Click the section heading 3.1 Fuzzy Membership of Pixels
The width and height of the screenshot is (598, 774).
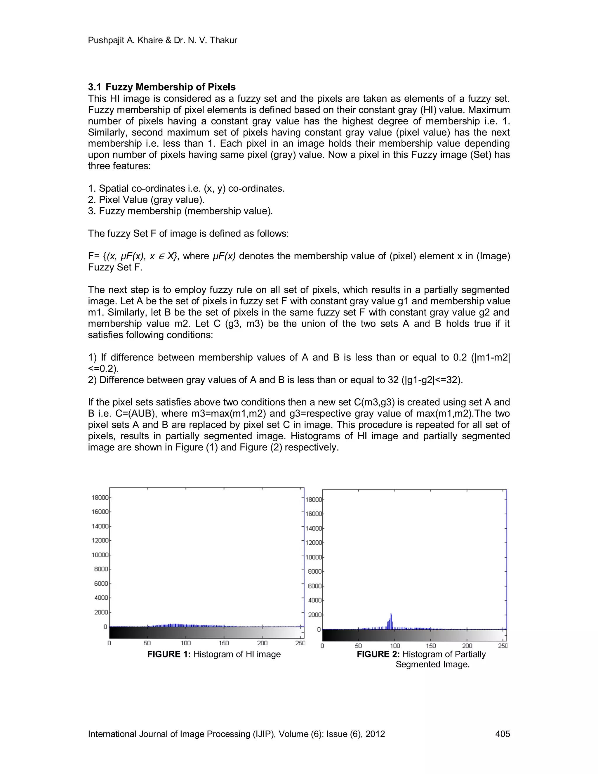161,87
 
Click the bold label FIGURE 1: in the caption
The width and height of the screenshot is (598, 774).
169,654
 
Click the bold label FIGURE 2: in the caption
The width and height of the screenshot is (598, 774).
378,654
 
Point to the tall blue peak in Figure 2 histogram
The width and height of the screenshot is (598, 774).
391,620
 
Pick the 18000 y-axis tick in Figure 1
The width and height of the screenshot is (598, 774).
100,498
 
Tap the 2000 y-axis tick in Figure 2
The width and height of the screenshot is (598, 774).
314,615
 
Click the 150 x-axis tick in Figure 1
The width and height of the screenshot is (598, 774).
224,643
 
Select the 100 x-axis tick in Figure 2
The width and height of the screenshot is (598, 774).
395,646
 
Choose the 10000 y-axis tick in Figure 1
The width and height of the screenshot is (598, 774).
100,555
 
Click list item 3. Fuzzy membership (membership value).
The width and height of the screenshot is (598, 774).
180,211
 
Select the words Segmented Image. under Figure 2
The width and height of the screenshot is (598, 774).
432,664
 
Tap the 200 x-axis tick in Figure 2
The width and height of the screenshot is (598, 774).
467,646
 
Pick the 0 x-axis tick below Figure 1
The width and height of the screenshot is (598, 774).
109,643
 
